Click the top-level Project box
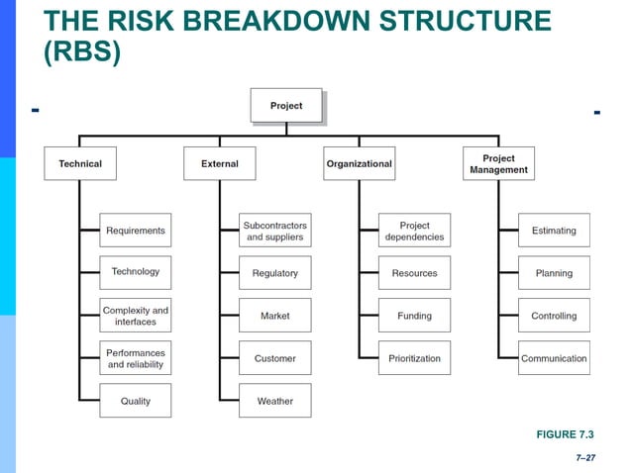(286, 106)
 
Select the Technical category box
(79, 163)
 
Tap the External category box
(219, 163)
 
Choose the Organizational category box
(359, 163)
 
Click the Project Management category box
(498, 163)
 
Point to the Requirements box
(136, 231)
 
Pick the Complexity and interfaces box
(136, 316)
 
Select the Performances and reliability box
(136, 358)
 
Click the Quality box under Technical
(136, 401)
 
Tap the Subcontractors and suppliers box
(275, 231)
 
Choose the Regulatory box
(275, 273)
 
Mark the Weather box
(275, 401)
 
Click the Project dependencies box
(414, 231)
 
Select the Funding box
(414, 316)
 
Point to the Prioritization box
(414, 358)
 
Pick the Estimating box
(554, 231)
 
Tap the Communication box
(554, 358)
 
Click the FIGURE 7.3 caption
(566, 434)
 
